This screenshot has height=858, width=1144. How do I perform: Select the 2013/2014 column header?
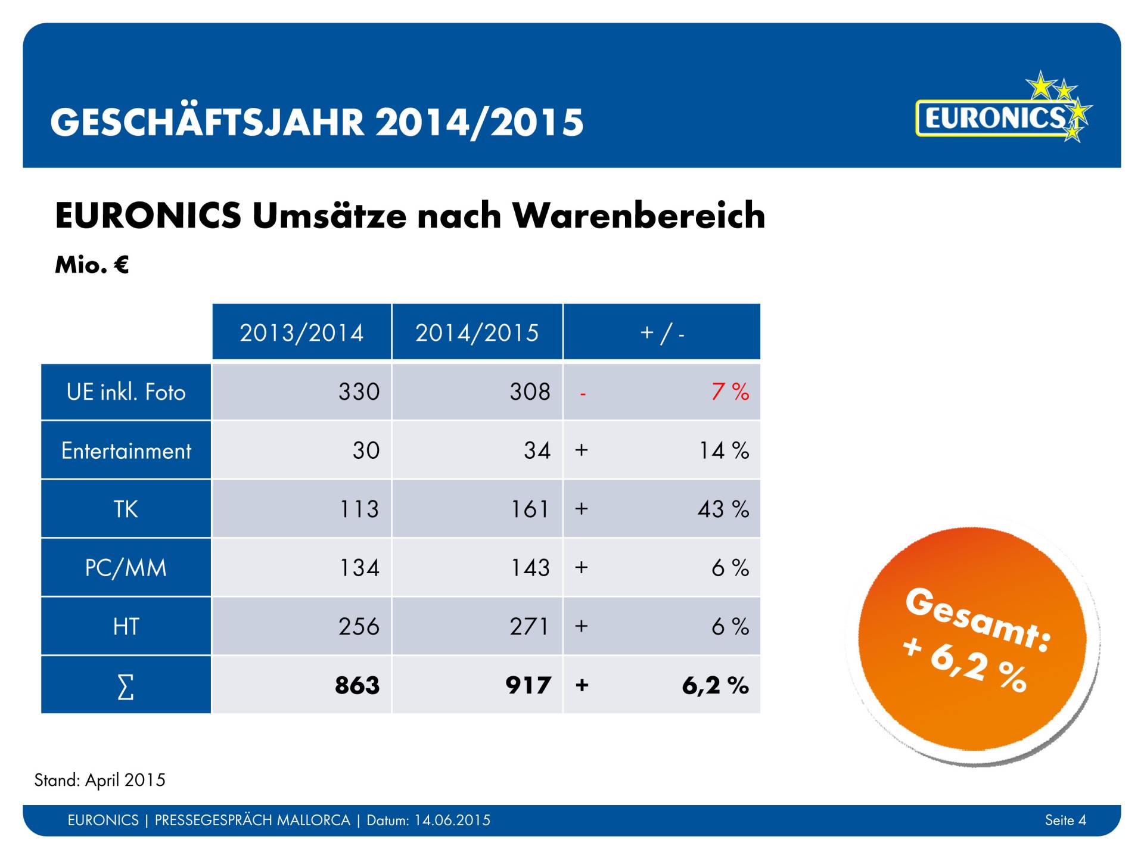coord(301,332)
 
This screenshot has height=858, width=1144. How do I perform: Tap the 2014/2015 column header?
coord(477,332)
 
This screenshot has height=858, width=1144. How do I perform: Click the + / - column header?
coord(661,332)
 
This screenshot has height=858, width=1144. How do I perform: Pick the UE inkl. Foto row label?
coord(126,392)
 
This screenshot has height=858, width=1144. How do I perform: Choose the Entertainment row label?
coord(126,450)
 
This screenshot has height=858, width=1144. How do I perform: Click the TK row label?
coord(126,509)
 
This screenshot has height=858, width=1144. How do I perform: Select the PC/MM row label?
coord(126,568)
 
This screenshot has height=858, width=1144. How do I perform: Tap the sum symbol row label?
coord(126,686)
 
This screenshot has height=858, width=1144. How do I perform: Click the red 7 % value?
coord(730,391)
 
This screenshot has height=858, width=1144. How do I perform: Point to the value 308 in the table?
coord(530,391)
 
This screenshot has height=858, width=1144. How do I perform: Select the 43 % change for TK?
coord(723,509)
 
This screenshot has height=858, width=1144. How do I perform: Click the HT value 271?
coord(529,626)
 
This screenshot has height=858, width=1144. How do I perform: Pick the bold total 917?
coord(528,685)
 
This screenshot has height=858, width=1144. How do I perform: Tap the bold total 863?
coord(357,685)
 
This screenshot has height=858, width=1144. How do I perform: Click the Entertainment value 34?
coord(537,450)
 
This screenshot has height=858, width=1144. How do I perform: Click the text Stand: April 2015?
coord(100,780)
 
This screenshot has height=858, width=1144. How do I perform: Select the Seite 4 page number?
coord(1065,820)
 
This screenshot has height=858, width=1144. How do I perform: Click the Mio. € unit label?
coord(92,265)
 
